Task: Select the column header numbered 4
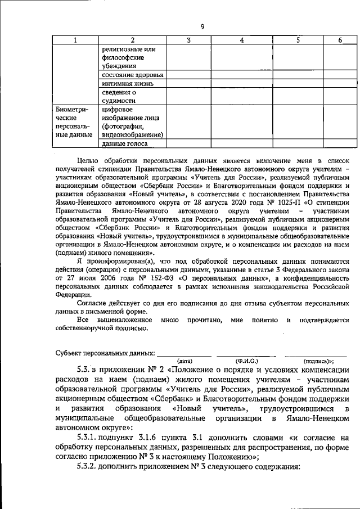[241, 40]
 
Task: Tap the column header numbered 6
[340, 40]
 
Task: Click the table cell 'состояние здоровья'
[133, 75]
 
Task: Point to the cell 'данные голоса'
[124, 144]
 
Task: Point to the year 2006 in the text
[112, 277]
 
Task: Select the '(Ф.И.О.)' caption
[246, 361]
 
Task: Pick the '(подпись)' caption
[318, 361]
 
